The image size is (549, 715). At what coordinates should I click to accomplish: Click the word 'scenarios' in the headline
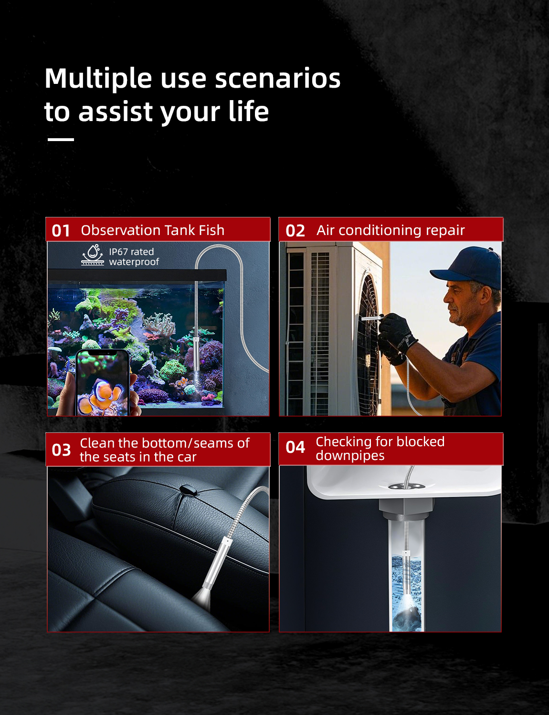pos(277,79)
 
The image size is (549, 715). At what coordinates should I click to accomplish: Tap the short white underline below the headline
pos(61,140)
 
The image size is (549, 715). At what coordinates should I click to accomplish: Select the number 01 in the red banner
pos(61,231)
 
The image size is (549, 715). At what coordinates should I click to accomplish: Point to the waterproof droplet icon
pos(93,255)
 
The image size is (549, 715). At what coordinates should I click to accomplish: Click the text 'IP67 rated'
pos(131,252)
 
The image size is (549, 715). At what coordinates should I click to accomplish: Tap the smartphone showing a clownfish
pos(102,383)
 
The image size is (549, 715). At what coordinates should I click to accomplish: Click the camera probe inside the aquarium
pos(196,354)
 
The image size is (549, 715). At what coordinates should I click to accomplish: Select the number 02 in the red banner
pos(295,231)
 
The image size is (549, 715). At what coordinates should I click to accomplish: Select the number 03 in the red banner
pos(61,450)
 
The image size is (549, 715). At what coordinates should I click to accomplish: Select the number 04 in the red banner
pos(295,448)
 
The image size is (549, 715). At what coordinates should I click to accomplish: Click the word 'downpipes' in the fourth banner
pos(350,456)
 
